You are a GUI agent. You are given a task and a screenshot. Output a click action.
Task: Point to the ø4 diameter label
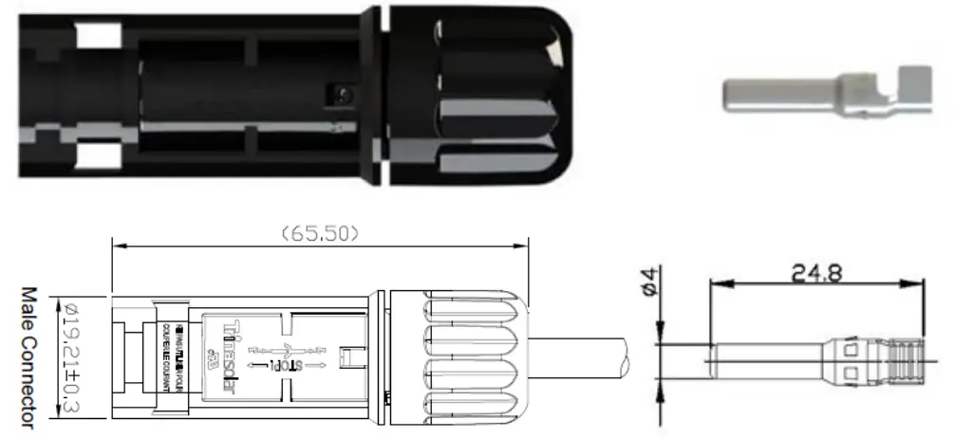[x=648, y=283]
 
